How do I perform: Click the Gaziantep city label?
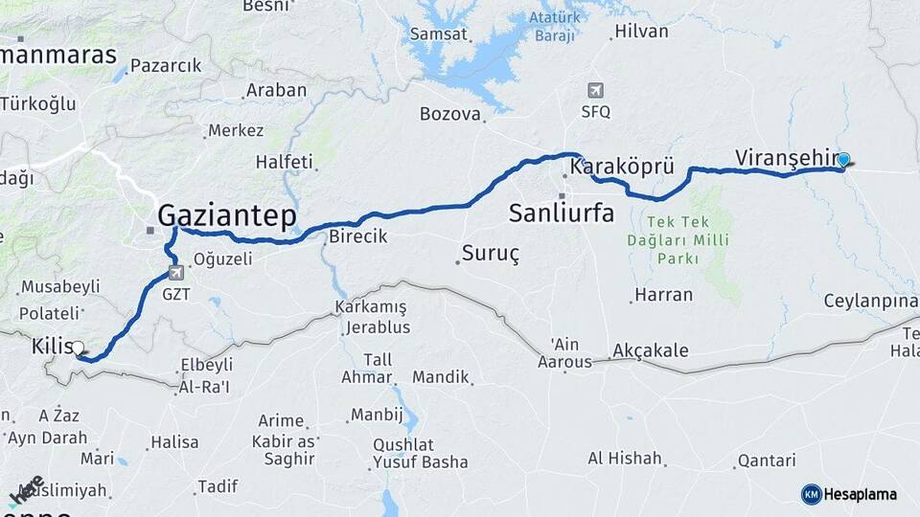[226, 214]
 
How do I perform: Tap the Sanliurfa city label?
[562, 212]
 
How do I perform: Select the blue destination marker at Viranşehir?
[843, 160]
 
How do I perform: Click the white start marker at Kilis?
[78, 348]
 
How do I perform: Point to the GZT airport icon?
[175, 274]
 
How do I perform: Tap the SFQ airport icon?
[595, 91]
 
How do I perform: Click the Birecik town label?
[357, 236]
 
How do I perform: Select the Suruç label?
[490, 254]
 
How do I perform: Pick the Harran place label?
[663, 294]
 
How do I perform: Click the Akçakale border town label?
[650, 350]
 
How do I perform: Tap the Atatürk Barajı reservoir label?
[556, 27]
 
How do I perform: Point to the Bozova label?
[449, 114]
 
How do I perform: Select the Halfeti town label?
[285, 162]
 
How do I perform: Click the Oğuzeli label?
[222, 258]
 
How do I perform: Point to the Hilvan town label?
[641, 31]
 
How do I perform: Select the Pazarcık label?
[165, 66]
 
